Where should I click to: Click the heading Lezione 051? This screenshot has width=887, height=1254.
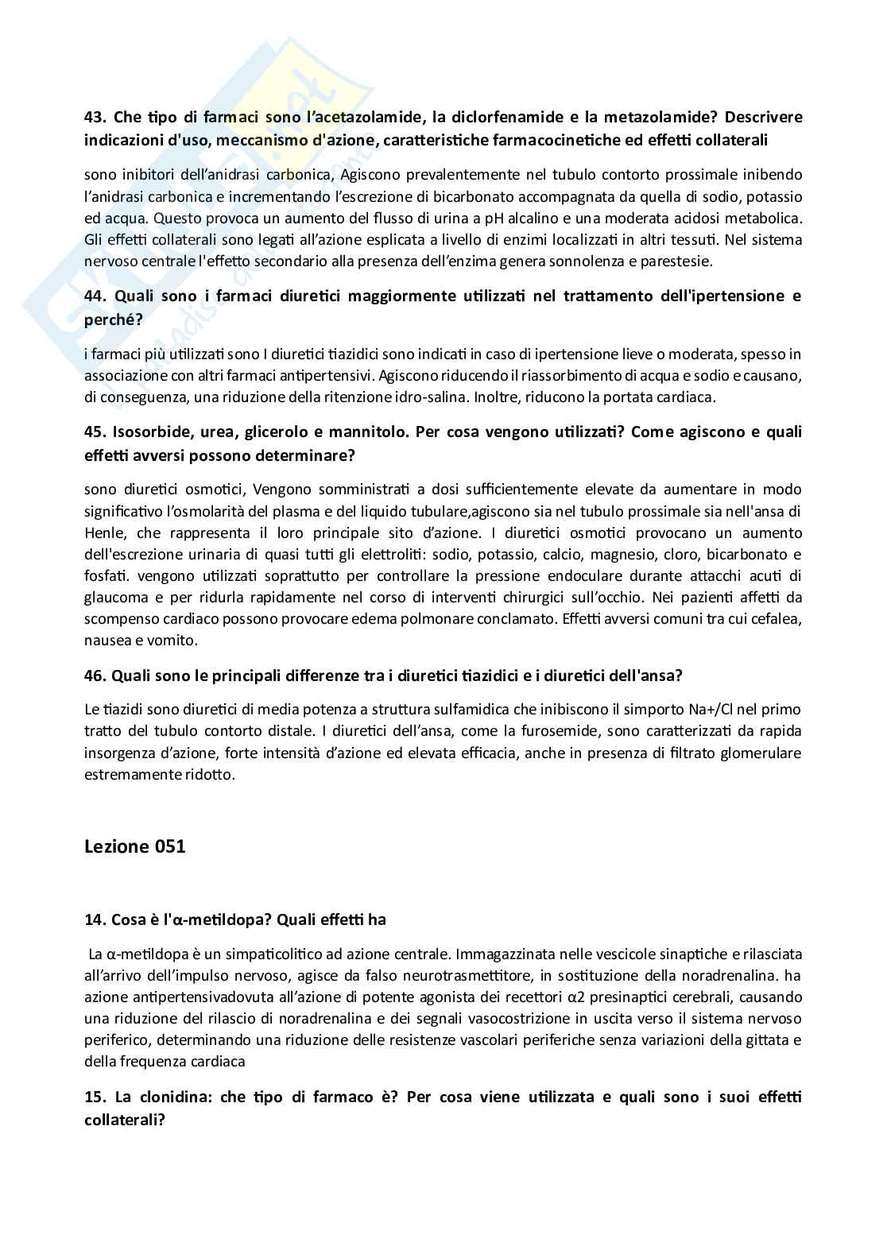pyautogui.click(x=134, y=846)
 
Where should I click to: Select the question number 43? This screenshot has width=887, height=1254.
pyautogui.click(x=95, y=118)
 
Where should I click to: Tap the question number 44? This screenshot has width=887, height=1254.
pyautogui.click(x=95, y=296)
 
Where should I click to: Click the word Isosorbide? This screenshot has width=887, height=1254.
pyautogui.click(x=153, y=432)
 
